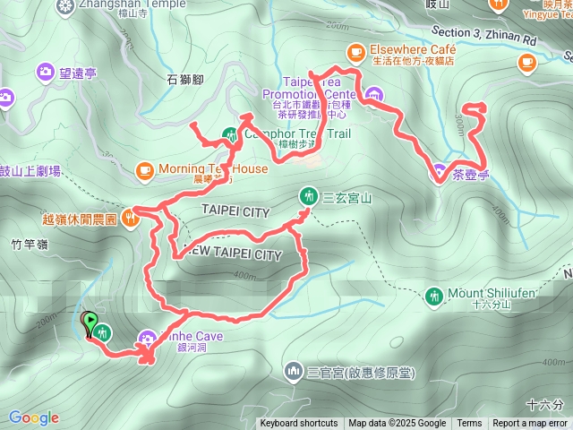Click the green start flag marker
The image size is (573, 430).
point(90,320)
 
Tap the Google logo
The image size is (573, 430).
point(34,417)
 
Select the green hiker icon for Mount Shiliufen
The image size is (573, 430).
point(434,295)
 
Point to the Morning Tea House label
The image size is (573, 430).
point(213,168)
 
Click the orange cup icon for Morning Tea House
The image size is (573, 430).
point(144,168)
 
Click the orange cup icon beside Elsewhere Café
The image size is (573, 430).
point(355,51)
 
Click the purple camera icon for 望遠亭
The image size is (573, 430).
point(45,72)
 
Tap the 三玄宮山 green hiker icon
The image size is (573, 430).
point(306,196)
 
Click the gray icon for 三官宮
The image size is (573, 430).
point(293,371)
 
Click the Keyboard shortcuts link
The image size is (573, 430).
point(299,424)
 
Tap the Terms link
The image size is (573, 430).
point(469,424)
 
